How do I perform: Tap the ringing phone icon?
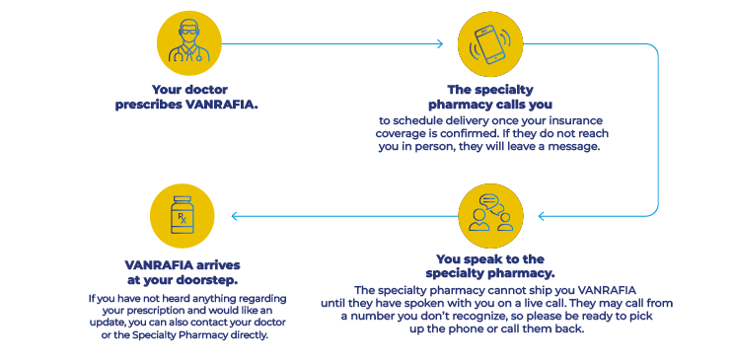click(490, 44)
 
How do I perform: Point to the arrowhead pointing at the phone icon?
click(440, 44)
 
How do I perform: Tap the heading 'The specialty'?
click(489, 90)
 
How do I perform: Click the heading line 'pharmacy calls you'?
click(489, 104)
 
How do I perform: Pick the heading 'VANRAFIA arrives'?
click(183, 265)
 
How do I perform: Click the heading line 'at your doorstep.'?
click(183, 279)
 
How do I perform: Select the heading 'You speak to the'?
click(489, 259)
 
